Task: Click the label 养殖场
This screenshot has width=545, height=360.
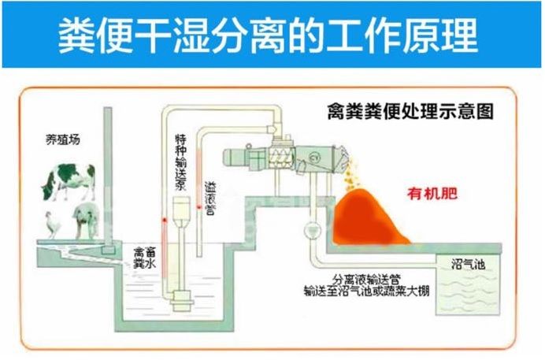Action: click(62, 141)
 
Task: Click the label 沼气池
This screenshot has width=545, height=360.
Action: click(468, 263)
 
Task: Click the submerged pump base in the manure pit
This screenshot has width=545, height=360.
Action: click(186, 295)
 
